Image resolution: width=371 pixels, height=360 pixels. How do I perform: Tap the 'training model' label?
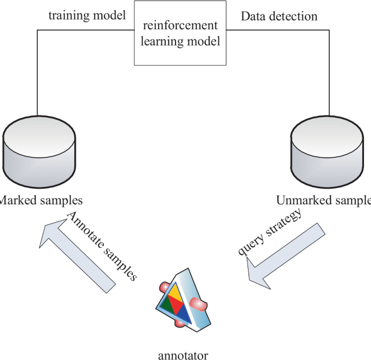coord(87,16)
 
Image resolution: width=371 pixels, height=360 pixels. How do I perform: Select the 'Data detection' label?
coord(279,16)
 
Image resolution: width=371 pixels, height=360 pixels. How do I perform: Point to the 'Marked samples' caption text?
coord(41,200)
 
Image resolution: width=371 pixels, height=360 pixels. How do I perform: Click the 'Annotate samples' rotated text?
coord(103,243)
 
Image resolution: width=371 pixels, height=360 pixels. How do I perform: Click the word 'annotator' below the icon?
coord(183,356)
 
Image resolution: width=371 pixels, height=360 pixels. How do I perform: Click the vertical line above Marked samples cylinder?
coord(37,70)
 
